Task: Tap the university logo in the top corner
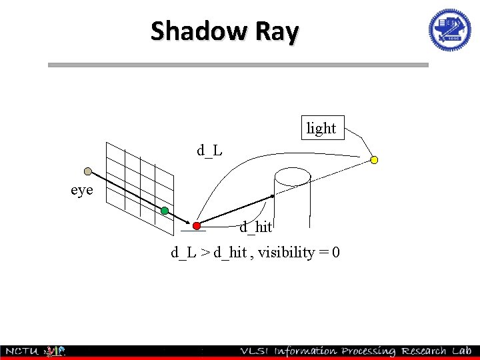[449, 30]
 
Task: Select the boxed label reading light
[321, 128]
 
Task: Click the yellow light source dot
[374, 160]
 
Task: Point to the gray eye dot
[87, 171]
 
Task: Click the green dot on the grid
[165, 211]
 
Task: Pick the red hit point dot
[197, 226]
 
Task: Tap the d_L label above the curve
[209, 151]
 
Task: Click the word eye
[82, 190]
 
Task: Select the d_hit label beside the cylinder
[256, 227]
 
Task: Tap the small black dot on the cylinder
[272, 197]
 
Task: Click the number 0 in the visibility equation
[336, 253]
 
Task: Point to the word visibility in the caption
[286, 253]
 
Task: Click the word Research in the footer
[422, 351]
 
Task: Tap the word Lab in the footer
[461, 351]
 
